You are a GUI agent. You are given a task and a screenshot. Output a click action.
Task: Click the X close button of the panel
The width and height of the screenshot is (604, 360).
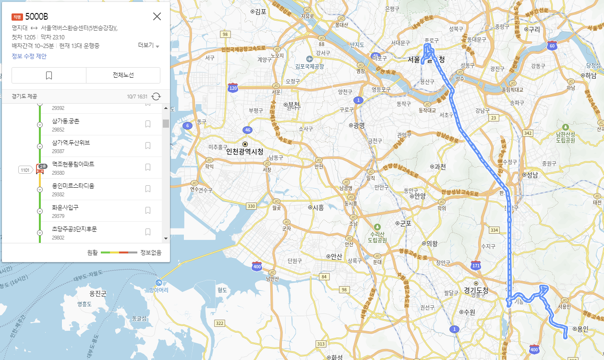click(157, 16)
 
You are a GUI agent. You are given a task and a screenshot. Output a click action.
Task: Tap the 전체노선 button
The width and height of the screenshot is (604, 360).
click(123, 75)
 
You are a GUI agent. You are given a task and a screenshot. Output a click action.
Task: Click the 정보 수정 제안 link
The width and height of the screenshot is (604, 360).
click(29, 56)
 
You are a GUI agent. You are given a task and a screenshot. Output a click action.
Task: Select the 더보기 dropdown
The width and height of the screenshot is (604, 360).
click(148, 45)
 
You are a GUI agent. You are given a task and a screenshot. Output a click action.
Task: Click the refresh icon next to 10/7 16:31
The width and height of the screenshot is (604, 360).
click(156, 96)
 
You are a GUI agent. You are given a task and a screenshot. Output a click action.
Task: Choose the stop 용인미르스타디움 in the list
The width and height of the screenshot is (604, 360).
click(73, 186)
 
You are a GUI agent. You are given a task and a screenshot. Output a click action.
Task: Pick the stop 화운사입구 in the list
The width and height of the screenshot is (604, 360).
click(65, 207)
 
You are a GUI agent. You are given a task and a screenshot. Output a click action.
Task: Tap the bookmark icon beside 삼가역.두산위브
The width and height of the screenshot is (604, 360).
click(148, 145)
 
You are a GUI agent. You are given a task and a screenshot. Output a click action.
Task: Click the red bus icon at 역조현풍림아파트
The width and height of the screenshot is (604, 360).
click(40, 169)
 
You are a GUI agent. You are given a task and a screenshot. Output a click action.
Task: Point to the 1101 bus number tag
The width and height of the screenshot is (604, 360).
click(25, 169)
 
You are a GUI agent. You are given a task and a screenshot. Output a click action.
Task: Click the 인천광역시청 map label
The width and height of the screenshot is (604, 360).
click(245, 152)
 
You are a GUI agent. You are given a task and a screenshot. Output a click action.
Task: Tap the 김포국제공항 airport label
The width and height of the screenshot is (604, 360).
click(312, 66)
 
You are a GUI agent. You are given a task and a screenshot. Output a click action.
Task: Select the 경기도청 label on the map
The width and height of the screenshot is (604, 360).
click(476, 290)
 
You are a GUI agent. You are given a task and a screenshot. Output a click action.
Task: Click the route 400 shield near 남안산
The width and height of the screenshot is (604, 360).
click(257, 266)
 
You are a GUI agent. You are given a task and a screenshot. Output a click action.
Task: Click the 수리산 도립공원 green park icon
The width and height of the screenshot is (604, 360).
click(377, 227)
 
